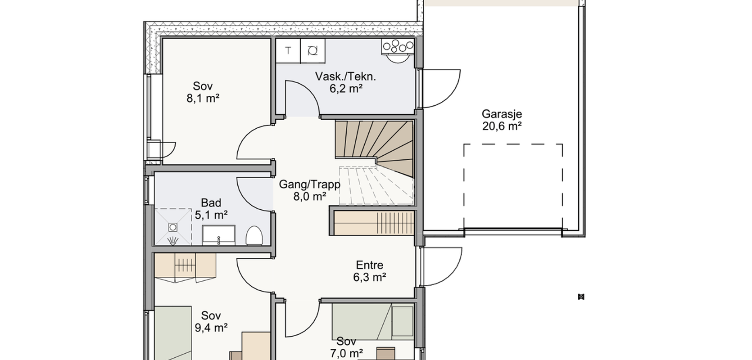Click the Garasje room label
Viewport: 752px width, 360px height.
click(x=502, y=114)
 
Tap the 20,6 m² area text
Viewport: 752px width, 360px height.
click(x=502, y=126)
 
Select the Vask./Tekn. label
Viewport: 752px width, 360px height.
click(x=345, y=76)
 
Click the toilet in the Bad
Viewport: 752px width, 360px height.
click(x=254, y=235)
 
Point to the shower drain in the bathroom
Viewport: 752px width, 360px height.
click(x=173, y=227)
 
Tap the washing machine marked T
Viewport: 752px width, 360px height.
click(x=288, y=51)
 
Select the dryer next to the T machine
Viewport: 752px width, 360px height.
click(x=313, y=51)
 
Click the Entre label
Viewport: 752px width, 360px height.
click(x=369, y=265)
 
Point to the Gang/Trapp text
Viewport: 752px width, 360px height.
click(x=309, y=184)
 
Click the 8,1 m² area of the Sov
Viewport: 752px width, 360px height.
click(x=203, y=98)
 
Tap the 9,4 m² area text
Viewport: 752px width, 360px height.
click(x=211, y=328)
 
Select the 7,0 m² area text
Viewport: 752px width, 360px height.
click(x=346, y=353)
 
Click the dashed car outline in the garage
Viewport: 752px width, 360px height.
click(x=513, y=144)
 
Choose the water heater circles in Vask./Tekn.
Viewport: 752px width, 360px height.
click(x=398, y=47)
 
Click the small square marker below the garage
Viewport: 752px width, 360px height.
click(x=581, y=297)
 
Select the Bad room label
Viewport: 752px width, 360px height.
click(x=211, y=202)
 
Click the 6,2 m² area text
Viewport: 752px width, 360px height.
click(x=346, y=89)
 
